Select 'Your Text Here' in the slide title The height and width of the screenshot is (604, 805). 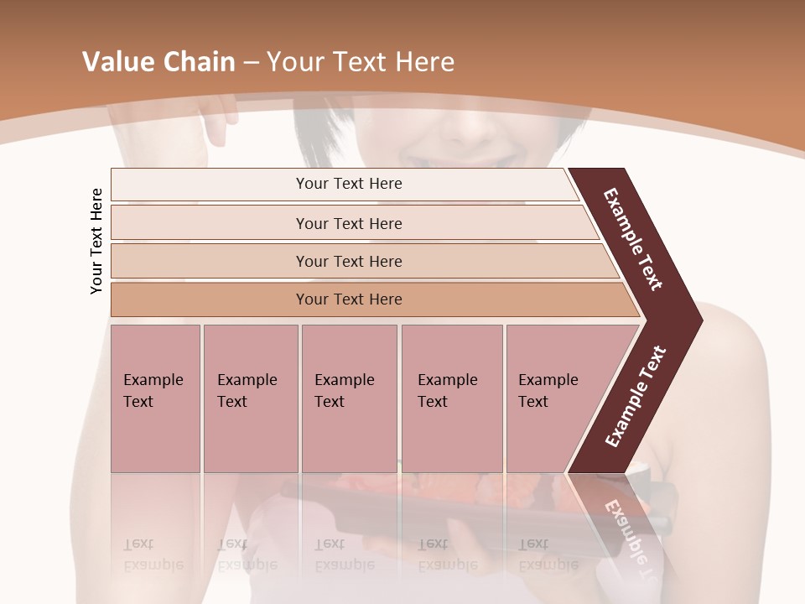tap(361, 62)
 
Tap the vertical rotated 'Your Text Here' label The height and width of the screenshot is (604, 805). tap(97, 242)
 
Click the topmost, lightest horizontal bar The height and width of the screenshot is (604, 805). tap(348, 184)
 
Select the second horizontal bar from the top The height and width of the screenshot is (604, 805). tap(348, 223)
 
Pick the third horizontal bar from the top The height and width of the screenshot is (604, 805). tap(348, 261)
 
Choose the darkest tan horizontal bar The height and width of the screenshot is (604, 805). tap(348, 299)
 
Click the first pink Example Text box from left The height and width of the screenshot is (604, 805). tap(155, 398)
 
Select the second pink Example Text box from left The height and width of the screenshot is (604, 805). tap(250, 398)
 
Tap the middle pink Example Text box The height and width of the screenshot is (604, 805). tap(349, 398)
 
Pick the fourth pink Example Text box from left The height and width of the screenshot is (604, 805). tap(452, 398)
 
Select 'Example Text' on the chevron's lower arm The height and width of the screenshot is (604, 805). tap(636, 396)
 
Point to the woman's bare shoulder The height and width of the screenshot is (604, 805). tap(738, 361)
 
